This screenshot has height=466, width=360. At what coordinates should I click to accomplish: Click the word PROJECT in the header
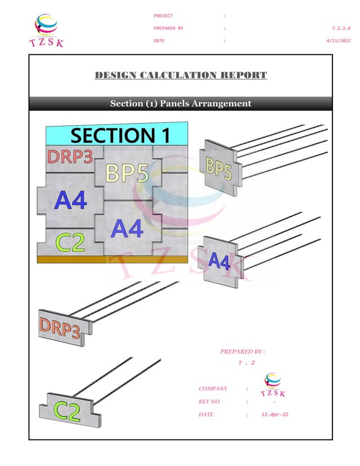(163, 16)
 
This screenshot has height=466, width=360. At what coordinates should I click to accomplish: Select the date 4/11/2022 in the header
(339, 41)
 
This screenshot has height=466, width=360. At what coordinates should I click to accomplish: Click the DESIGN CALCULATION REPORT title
(181, 75)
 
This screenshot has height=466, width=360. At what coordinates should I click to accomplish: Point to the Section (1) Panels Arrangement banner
(181, 104)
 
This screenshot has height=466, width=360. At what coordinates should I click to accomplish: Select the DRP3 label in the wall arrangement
(70, 157)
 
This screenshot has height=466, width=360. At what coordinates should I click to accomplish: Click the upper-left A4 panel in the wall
(70, 200)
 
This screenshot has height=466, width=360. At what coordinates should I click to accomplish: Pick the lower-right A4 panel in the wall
(128, 228)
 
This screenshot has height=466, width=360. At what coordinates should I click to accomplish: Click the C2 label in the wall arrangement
(70, 243)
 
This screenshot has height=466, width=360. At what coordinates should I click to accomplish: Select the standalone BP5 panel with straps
(218, 166)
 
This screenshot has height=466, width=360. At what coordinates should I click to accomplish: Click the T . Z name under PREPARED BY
(246, 363)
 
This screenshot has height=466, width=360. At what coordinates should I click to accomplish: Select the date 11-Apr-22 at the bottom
(275, 415)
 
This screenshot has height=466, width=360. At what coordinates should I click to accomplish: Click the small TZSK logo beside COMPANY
(272, 386)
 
